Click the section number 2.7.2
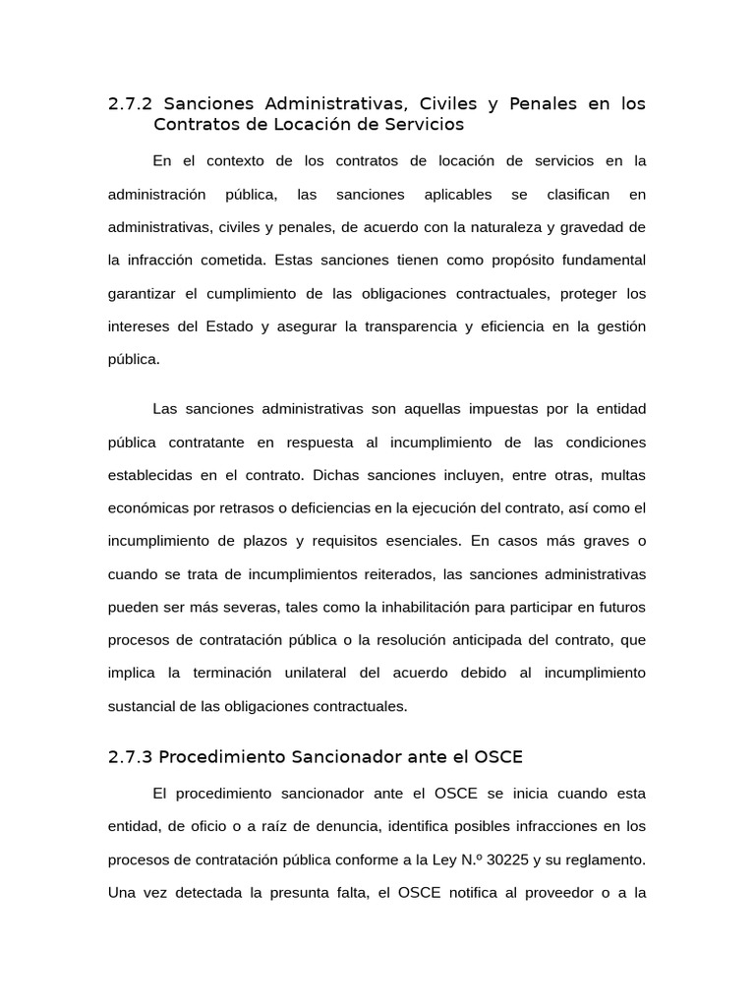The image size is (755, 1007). click(131, 104)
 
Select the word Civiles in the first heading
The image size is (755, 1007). click(447, 104)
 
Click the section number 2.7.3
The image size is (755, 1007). click(130, 757)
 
